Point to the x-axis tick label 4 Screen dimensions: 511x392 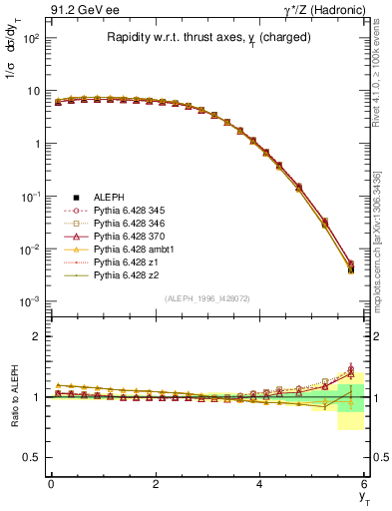click(259, 484)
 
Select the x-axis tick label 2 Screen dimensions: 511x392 click(155, 484)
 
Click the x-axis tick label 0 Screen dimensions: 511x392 click(50, 484)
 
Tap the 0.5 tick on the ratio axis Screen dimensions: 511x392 click(33, 458)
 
